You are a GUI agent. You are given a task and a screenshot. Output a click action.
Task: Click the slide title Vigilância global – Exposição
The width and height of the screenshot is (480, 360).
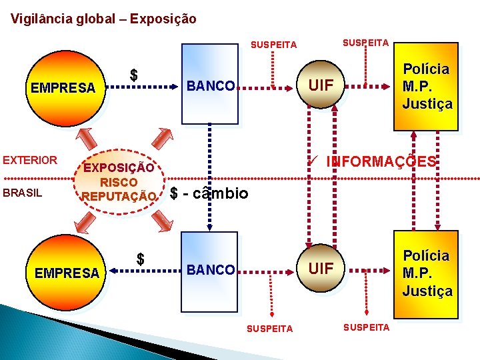[103, 19]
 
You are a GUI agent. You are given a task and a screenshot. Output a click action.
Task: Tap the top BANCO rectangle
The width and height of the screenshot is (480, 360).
[210, 85]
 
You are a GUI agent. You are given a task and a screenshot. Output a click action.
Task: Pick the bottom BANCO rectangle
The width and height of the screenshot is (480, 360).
[210, 269]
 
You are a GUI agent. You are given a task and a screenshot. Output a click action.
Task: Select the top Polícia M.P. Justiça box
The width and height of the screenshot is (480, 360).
[427, 87]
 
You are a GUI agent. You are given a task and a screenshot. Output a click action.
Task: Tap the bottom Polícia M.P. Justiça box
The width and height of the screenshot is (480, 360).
[427, 273]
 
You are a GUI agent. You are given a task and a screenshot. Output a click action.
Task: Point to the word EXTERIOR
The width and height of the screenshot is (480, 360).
[30, 160]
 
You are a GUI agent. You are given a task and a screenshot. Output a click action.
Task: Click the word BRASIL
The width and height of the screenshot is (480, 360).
[23, 193]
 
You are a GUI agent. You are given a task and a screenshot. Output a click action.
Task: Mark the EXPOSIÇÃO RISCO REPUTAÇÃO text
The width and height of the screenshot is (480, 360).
[119, 182]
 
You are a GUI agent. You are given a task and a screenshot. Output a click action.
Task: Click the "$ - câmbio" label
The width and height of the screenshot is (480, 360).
[209, 194]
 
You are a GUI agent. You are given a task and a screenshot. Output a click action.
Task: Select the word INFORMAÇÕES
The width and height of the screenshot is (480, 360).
[381, 162]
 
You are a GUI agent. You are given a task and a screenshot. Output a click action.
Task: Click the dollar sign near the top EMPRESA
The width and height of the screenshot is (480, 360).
[133, 75]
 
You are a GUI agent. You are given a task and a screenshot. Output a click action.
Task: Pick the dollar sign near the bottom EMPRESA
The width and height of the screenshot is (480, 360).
[140, 259]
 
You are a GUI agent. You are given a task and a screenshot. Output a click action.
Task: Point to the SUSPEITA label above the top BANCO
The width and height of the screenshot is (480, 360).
[273, 45]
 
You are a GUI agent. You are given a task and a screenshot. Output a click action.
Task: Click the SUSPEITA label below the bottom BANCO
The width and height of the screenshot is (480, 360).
[270, 329]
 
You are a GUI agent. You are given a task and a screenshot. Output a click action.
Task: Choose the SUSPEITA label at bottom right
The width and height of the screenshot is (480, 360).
[365, 327]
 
